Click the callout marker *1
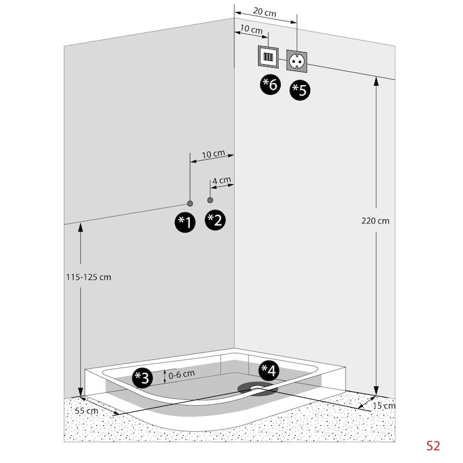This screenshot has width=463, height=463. click(185, 222)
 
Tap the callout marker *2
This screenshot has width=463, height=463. click(215, 220)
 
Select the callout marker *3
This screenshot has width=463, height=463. click(142, 378)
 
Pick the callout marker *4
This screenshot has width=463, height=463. click(269, 370)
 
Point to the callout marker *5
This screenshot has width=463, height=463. click(300, 90)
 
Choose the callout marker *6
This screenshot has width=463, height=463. click(270, 84)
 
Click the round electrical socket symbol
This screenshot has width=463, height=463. click(297, 61)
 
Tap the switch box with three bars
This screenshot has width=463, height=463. click(268, 57)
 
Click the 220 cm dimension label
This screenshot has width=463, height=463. click(375, 221)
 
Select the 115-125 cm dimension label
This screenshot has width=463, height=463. click(89, 277)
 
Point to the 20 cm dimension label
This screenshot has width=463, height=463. click(264, 12)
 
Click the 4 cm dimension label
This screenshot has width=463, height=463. click(222, 180)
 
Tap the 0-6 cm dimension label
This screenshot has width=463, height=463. click(182, 374)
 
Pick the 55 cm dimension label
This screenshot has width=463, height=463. click(86, 410)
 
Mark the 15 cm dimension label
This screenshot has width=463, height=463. click(384, 406)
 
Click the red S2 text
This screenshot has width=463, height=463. click(433, 446)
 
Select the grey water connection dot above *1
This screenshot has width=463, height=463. click(190, 204)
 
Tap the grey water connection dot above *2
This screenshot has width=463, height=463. click(210, 200)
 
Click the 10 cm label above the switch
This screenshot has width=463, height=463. click(251, 29)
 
